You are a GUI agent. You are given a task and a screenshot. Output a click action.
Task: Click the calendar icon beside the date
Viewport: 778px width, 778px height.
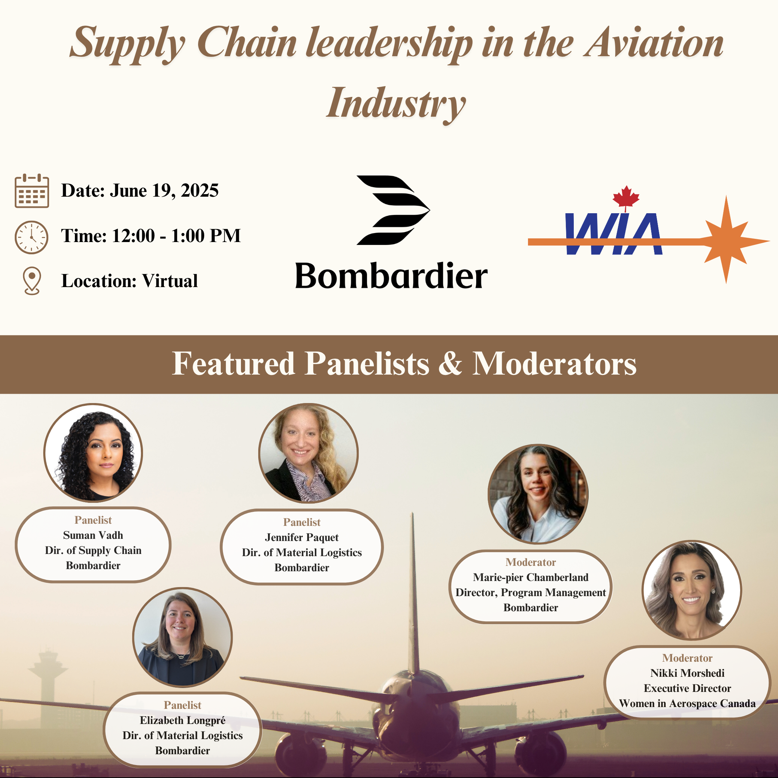click(x=32, y=191)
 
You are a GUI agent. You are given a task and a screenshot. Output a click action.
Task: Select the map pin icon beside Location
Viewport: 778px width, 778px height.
click(x=32, y=281)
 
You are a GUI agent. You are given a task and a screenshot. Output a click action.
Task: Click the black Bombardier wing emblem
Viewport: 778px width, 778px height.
click(x=393, y=210)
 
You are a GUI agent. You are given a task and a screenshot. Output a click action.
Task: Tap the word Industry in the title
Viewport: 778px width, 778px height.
click(x=396, y=104)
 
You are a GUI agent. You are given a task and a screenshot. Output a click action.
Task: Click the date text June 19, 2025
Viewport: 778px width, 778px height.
click(x=164, y=191)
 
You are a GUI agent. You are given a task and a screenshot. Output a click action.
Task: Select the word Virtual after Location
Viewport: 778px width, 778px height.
click(x=170, y=281)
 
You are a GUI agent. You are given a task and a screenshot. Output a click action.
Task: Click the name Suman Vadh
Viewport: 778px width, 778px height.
click(x=93, y=535)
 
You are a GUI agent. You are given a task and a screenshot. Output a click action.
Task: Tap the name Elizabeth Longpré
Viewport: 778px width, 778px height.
click(x=182, y=720)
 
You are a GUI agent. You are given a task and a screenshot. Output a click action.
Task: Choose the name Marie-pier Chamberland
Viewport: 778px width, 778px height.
click(x=531, y=577)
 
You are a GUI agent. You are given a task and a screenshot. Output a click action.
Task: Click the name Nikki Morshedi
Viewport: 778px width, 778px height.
click(x=687, y=673)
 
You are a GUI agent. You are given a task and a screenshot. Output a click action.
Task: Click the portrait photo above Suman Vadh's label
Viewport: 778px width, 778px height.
click(x=93, y=453)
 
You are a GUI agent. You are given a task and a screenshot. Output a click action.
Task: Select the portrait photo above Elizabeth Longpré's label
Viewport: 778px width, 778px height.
click(x=182, y=638)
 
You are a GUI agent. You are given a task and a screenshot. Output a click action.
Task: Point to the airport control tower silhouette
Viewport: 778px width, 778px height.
click(x=48, y=680)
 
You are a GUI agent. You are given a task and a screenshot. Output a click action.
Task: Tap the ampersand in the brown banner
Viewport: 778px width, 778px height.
click(x=450, y=364)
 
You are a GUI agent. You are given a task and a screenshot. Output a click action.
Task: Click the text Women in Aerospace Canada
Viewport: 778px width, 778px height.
click(x=687, y=703)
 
